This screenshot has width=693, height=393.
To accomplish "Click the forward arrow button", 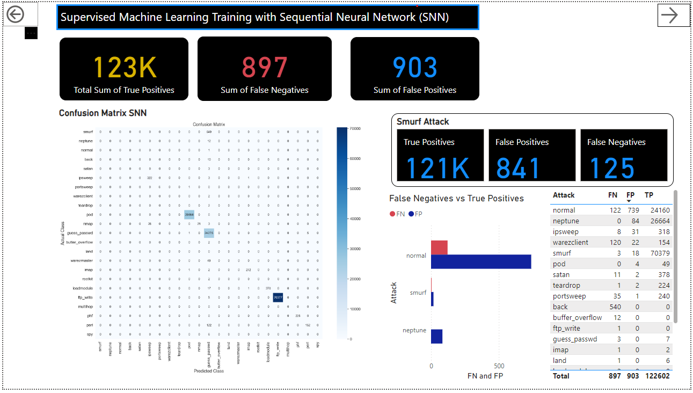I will click(x=669, y=15).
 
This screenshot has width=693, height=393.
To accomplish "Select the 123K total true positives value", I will click(x=125, y=68).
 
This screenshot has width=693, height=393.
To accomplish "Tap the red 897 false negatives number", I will click(x=264, y=68).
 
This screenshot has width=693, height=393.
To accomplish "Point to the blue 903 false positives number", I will click(x=415, y=68).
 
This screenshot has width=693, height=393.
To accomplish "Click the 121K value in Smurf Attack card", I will click(x=437, y=168).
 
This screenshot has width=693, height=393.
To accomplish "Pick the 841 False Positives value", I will click(x=518, y=168).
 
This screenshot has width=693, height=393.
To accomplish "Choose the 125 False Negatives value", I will click(x=612, y=168).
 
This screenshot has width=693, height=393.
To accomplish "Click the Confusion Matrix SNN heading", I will click(x=103, y=113).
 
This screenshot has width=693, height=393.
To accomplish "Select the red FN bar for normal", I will click(x=439, y=248).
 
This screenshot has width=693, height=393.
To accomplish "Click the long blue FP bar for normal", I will click(x=481, y=261).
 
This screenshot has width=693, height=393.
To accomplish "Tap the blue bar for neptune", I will click(x=437, y=336).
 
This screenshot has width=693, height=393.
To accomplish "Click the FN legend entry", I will click(x=397, y=214).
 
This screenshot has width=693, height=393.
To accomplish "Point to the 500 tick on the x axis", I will click(x=499, y=366).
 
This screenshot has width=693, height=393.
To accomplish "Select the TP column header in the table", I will click(x=649, y=195).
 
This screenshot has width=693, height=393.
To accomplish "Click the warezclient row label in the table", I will click(x=570, y=242).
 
